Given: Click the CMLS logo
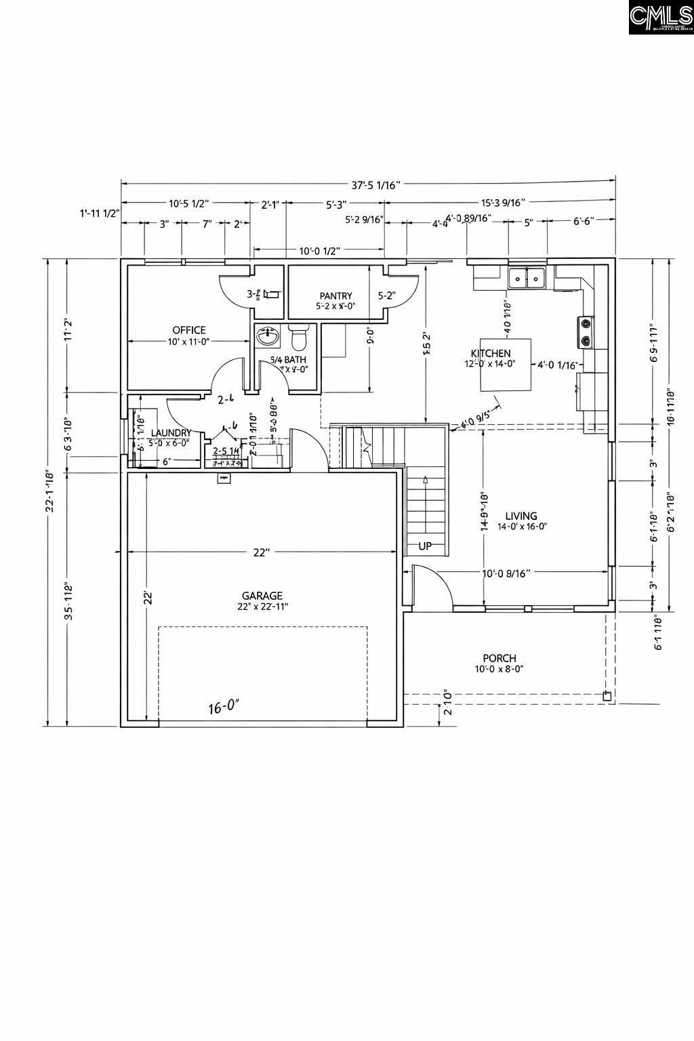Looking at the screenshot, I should (x=660, y=18).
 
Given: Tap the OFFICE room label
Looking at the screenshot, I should (x=189, y=330).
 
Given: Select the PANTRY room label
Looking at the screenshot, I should (x=336, y=295).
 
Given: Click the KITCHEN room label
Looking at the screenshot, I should (x=491, y=353).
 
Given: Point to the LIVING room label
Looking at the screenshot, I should (x=521, y=516).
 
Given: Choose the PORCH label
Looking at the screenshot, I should (x=499, y=658).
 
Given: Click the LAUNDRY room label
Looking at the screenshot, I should (x=170, y=433).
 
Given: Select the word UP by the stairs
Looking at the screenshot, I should (x=425, y=546).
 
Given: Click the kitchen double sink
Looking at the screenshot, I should (x=527, y=277).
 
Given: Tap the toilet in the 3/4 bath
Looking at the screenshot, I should (x=298, y=336).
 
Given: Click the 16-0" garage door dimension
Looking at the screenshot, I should (x=224, y=708).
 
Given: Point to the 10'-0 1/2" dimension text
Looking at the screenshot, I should (x=319, y=251).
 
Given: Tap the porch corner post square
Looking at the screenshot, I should (x=607, y=696).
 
